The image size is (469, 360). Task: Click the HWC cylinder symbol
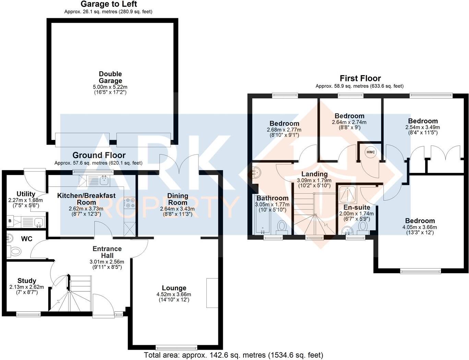pyautogui.click(x=371, y=152)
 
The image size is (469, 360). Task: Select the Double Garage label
pyautogui.click(x=110, y=77)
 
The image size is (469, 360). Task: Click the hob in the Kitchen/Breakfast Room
pyautogui.click(x=130, y=203)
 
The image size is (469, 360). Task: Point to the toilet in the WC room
pyautogui.click(x=14, y=252)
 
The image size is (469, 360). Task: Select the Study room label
pyautogui.click(x=27, y=281)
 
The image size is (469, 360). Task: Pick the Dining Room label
pyautogui.click(x=178, y=199)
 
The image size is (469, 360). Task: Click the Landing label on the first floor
pyautogui.click(x=314, y=174)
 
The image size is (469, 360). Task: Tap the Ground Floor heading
pyautogui.click(x=99, y=155)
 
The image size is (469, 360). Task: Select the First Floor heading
pyautogui.click(x=360, y=78)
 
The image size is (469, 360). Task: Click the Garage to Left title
pyautogui.click(x=109, y=4)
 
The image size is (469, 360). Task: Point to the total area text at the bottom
pyautogui.click(x=233, y=355)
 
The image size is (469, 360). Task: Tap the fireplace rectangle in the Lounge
pyautogui.click(x=212, y=293)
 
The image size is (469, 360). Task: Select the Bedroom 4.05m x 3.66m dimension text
pyautogui.click(x=420, y=227)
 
